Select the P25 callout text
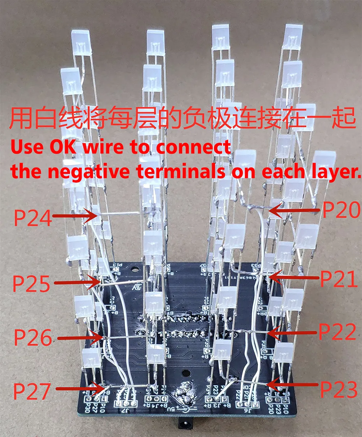click(31, 284)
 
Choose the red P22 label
click(337, 332)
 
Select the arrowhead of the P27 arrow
click(96, 389)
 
